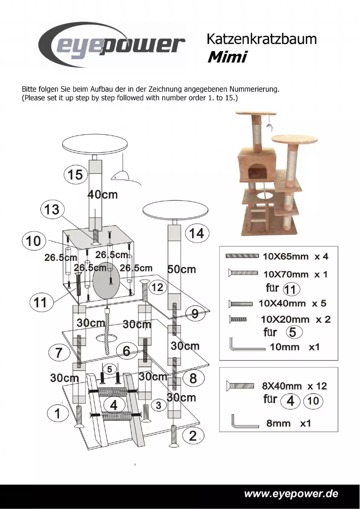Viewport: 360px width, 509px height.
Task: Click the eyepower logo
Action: click(x=112, y=45)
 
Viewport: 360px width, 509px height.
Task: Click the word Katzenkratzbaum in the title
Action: click(x=261, y=39)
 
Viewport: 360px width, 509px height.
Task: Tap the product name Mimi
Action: click(x=227, y=57)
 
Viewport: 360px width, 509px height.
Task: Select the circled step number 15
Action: click(x=75, y=174)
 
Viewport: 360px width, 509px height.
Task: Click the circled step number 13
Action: click(x=52, y=210)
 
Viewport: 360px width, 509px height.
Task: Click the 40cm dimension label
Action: click(x=102, y=195)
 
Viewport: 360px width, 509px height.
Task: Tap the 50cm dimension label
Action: click(x=181, y=269)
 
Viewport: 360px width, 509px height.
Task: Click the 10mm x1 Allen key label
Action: click(x=294, y=347)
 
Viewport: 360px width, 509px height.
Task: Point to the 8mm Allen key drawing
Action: click(x=245, y=422)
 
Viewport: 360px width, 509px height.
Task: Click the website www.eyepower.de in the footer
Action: click(x=291, y=494)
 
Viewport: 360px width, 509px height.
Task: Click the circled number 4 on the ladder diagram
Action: click(x=114, y=405)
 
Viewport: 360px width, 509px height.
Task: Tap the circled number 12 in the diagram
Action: click(x=157, y=287)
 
